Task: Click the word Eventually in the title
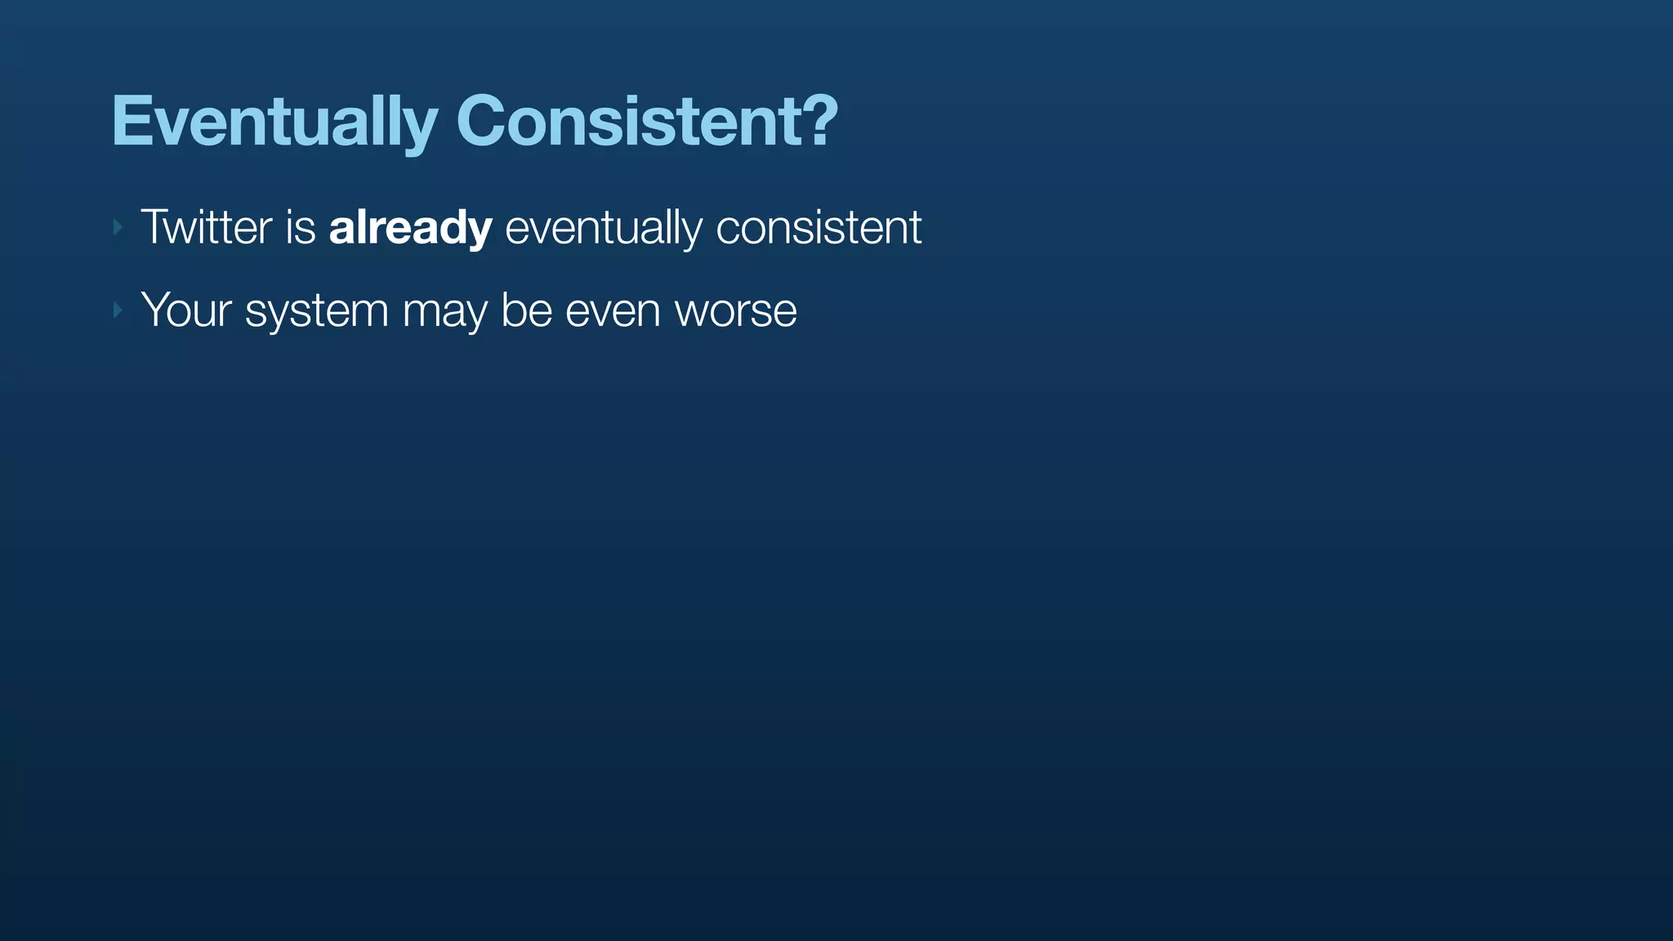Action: [274, 123]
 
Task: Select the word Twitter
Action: [206, 227]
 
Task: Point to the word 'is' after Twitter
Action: [300, 228]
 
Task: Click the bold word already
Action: [410, 228]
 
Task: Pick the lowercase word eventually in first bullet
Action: [603, 229]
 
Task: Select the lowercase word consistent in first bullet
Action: [819, 228]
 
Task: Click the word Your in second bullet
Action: [186, 310]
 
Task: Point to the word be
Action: [526, 310]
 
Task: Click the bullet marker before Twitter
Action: [118, 227]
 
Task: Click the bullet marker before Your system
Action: [118, 310]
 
